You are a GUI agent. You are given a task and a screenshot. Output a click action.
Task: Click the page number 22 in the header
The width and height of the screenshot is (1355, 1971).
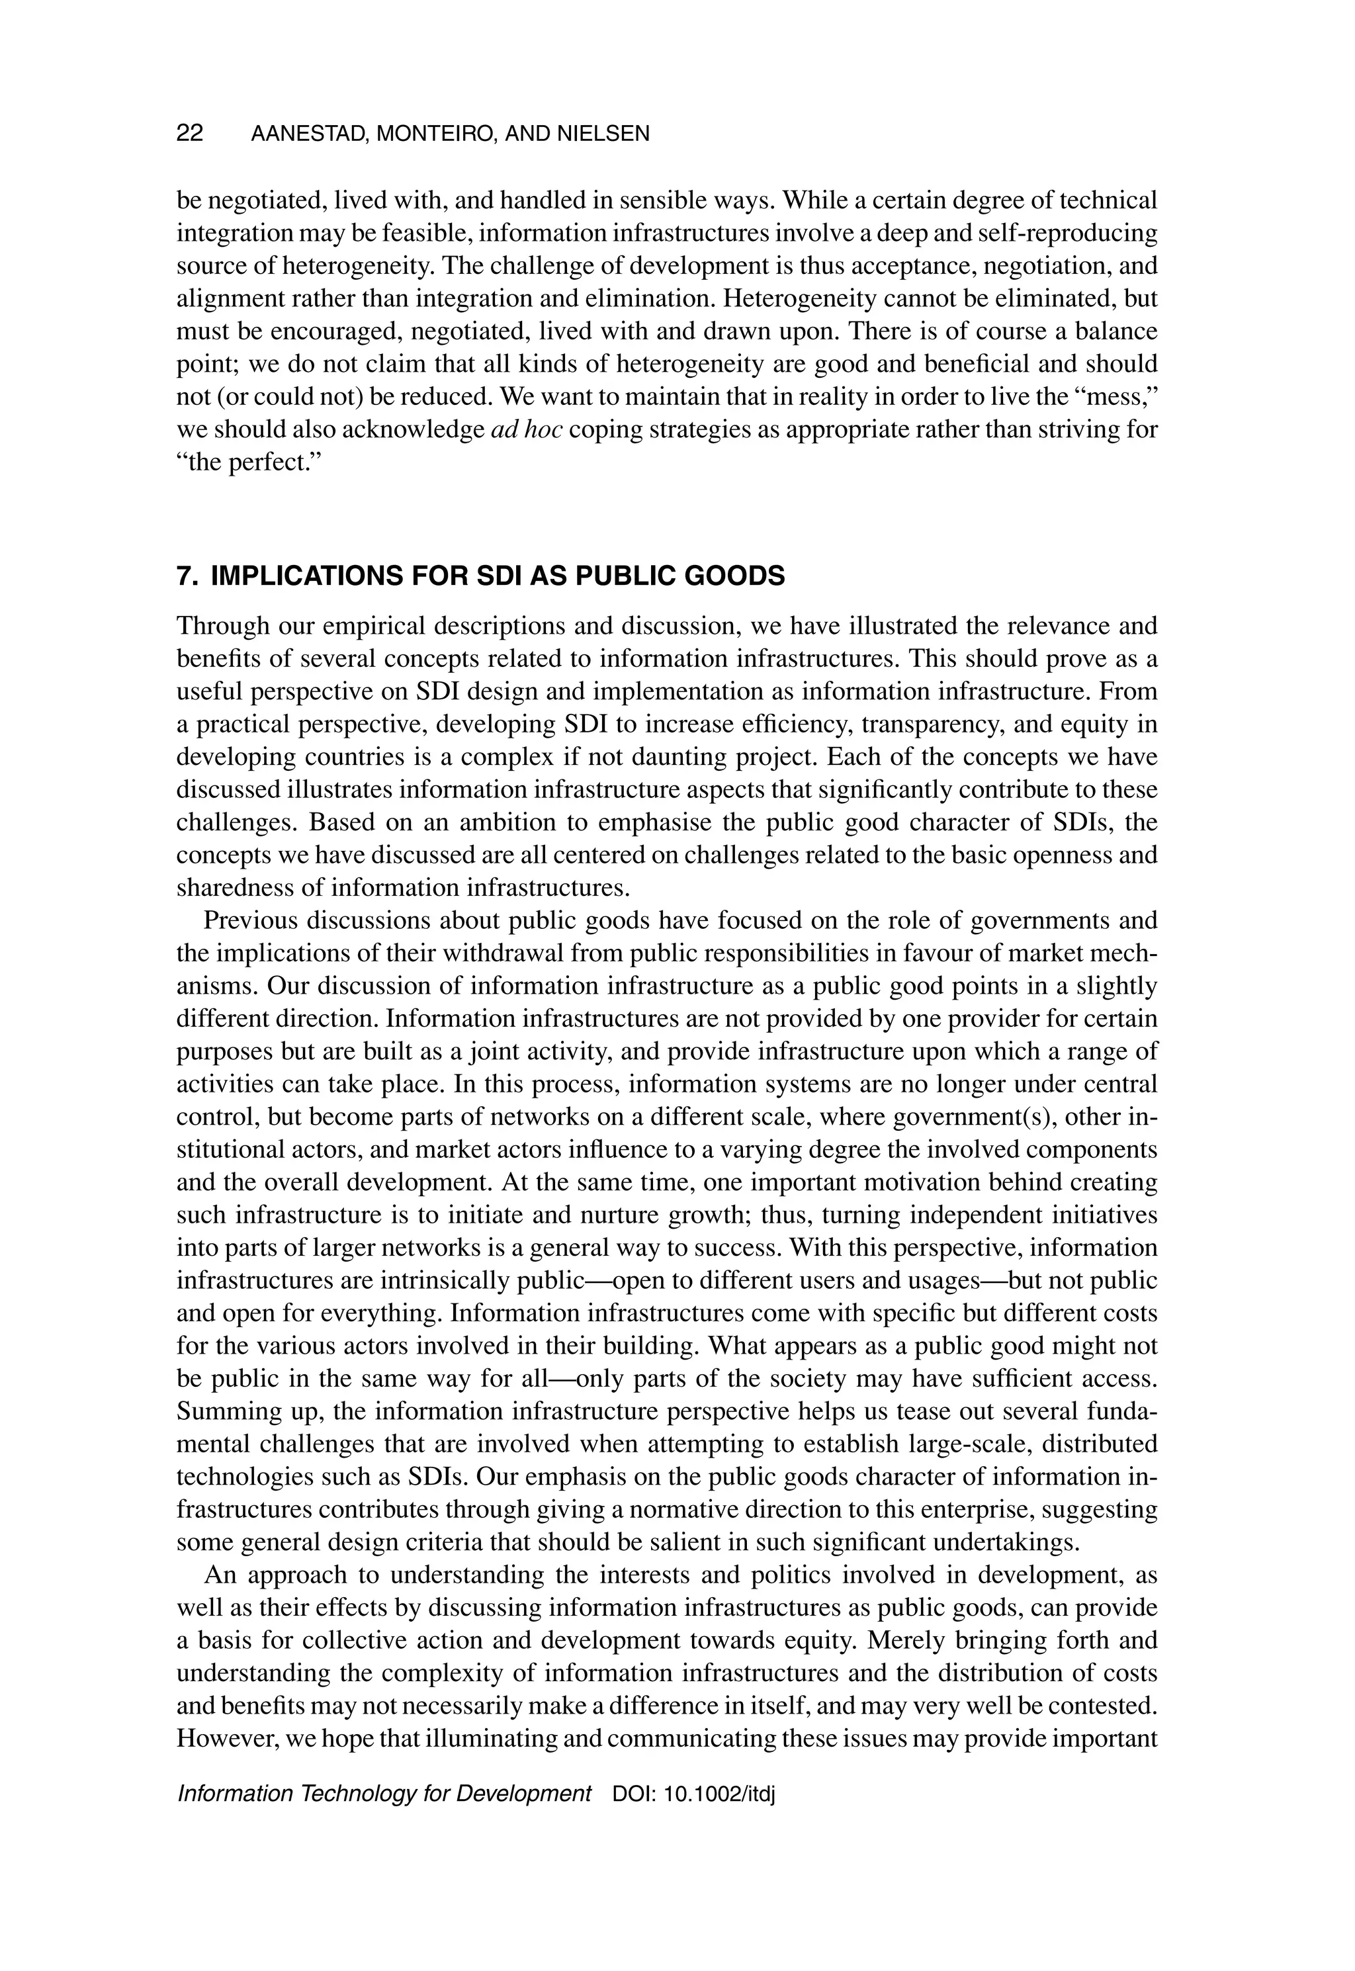[189, 133]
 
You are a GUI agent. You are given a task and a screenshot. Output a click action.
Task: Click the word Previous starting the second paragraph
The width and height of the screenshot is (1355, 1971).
[251, 921]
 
